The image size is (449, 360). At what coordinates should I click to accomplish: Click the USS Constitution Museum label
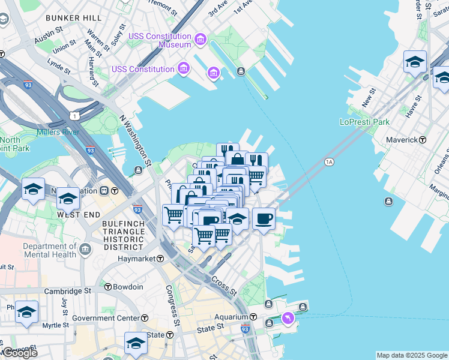pyautogui.click(x=160, y=40)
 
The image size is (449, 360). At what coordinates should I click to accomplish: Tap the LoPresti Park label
pyautogui.click(x=364, y=122)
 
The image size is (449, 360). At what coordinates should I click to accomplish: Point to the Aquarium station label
pyautogui.click(x=232, y=317)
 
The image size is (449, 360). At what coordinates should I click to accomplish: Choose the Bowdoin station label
pyautogui.click(x=128, y=287)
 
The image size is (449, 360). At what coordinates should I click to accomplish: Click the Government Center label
pyautogui.click(x=106, y=317)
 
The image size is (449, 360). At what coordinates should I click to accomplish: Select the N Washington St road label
pyautogui.click(x=134, y=140)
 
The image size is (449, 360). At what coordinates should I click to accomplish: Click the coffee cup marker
pyautogui.click(x=264, y=218)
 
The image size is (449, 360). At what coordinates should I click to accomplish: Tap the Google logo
pyautogui.click(x=20, y=353)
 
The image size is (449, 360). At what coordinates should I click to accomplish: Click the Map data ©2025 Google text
pyautogui.click(x=412, y=355)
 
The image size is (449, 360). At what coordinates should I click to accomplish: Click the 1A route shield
pyautogui.click(x=328, y=162)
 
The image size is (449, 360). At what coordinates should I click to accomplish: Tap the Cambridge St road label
pyautogui.click(x=67, y=291)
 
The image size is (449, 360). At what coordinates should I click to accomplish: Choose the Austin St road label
pyautogui.click(x=49, y=37)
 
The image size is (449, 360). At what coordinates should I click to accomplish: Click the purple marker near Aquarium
pyautogui.click(x=288, y=317)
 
